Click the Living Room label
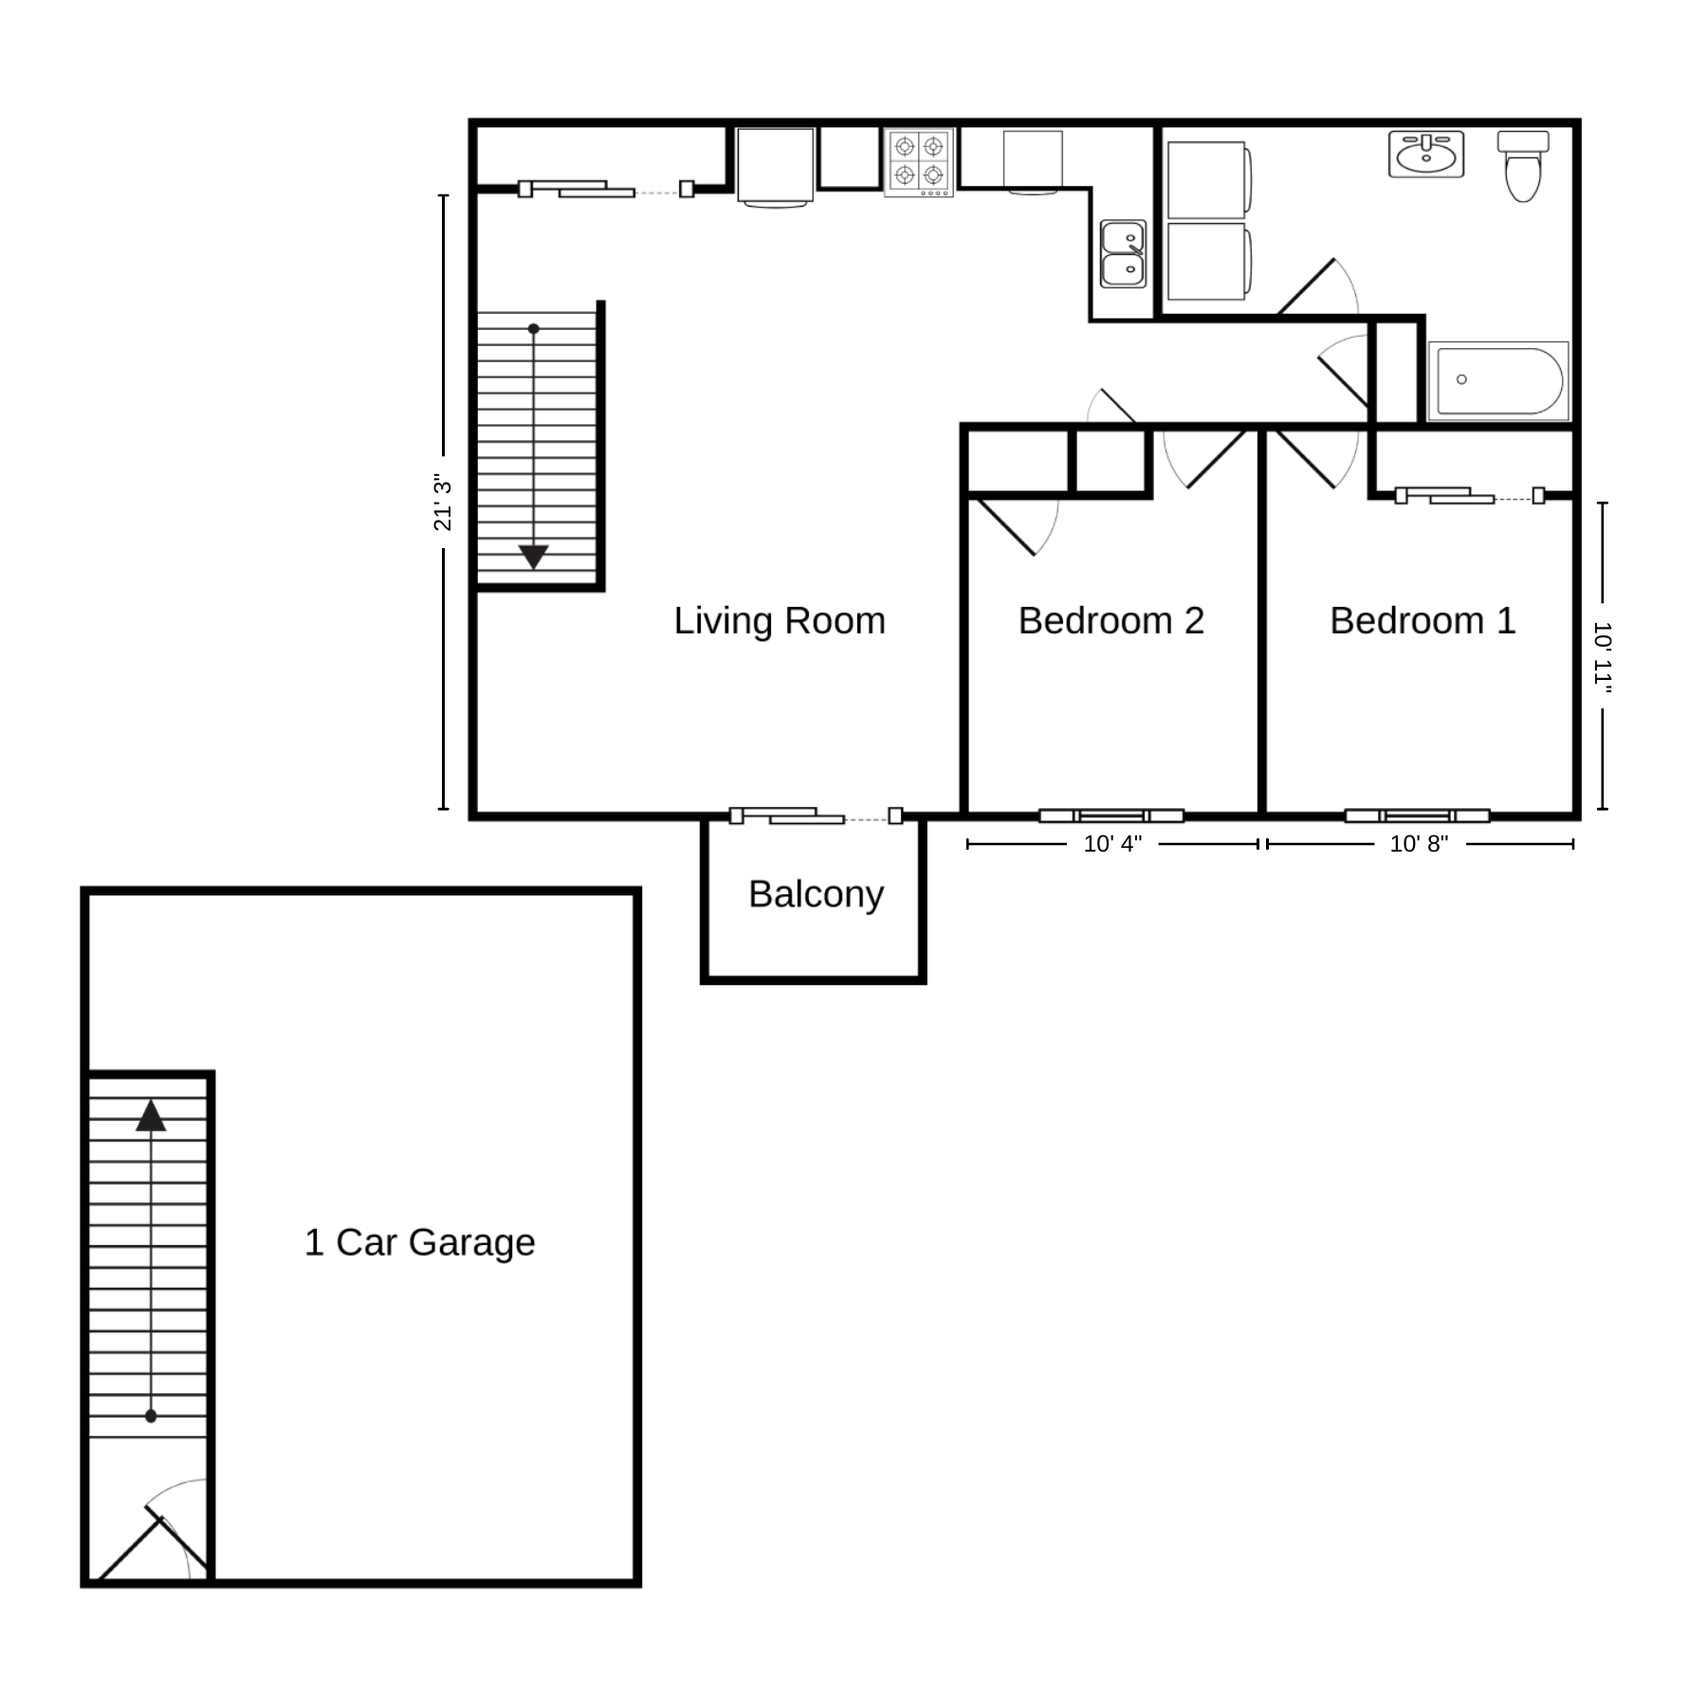coord(780,621)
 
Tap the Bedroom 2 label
coord(1110,621)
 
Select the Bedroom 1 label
coord(1422,621)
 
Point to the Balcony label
coord(816,894)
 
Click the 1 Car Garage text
coord(419,1242)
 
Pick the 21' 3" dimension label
coord(443,503)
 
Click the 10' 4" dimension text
coord(1112,844)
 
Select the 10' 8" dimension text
coord(1419,844)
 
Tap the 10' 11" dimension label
coord(1603,656)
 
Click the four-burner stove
coord(919,162)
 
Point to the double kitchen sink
coord(1123,253)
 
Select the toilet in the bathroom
coord(1523,166)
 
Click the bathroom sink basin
coord(1426,155)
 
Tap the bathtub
coord(1498,380)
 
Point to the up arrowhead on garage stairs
coord(151,1115)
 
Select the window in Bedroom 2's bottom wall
coord(1111,816)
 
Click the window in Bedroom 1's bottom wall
coord(1418,816)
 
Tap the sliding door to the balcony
coord(816,816)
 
